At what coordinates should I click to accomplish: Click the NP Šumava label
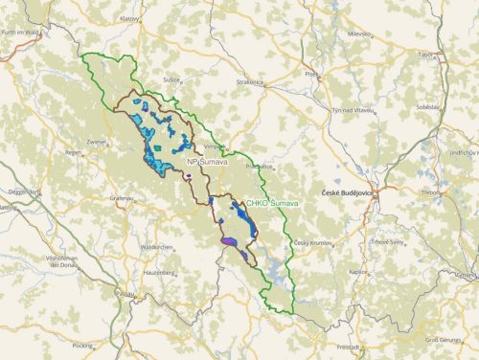(x=207, y=163)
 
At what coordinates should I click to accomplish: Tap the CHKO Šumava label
(x=272, y=204)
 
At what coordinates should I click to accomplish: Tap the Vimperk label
(x=215, y=146)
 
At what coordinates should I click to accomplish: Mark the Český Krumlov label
(x=313, y=242)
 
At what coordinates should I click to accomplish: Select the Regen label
(x=73, y=152)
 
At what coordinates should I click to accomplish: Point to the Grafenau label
(x=122, y=198)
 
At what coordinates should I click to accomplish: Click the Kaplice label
(x=358, y=271)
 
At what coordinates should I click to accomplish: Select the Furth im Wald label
(x=22, y=34)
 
